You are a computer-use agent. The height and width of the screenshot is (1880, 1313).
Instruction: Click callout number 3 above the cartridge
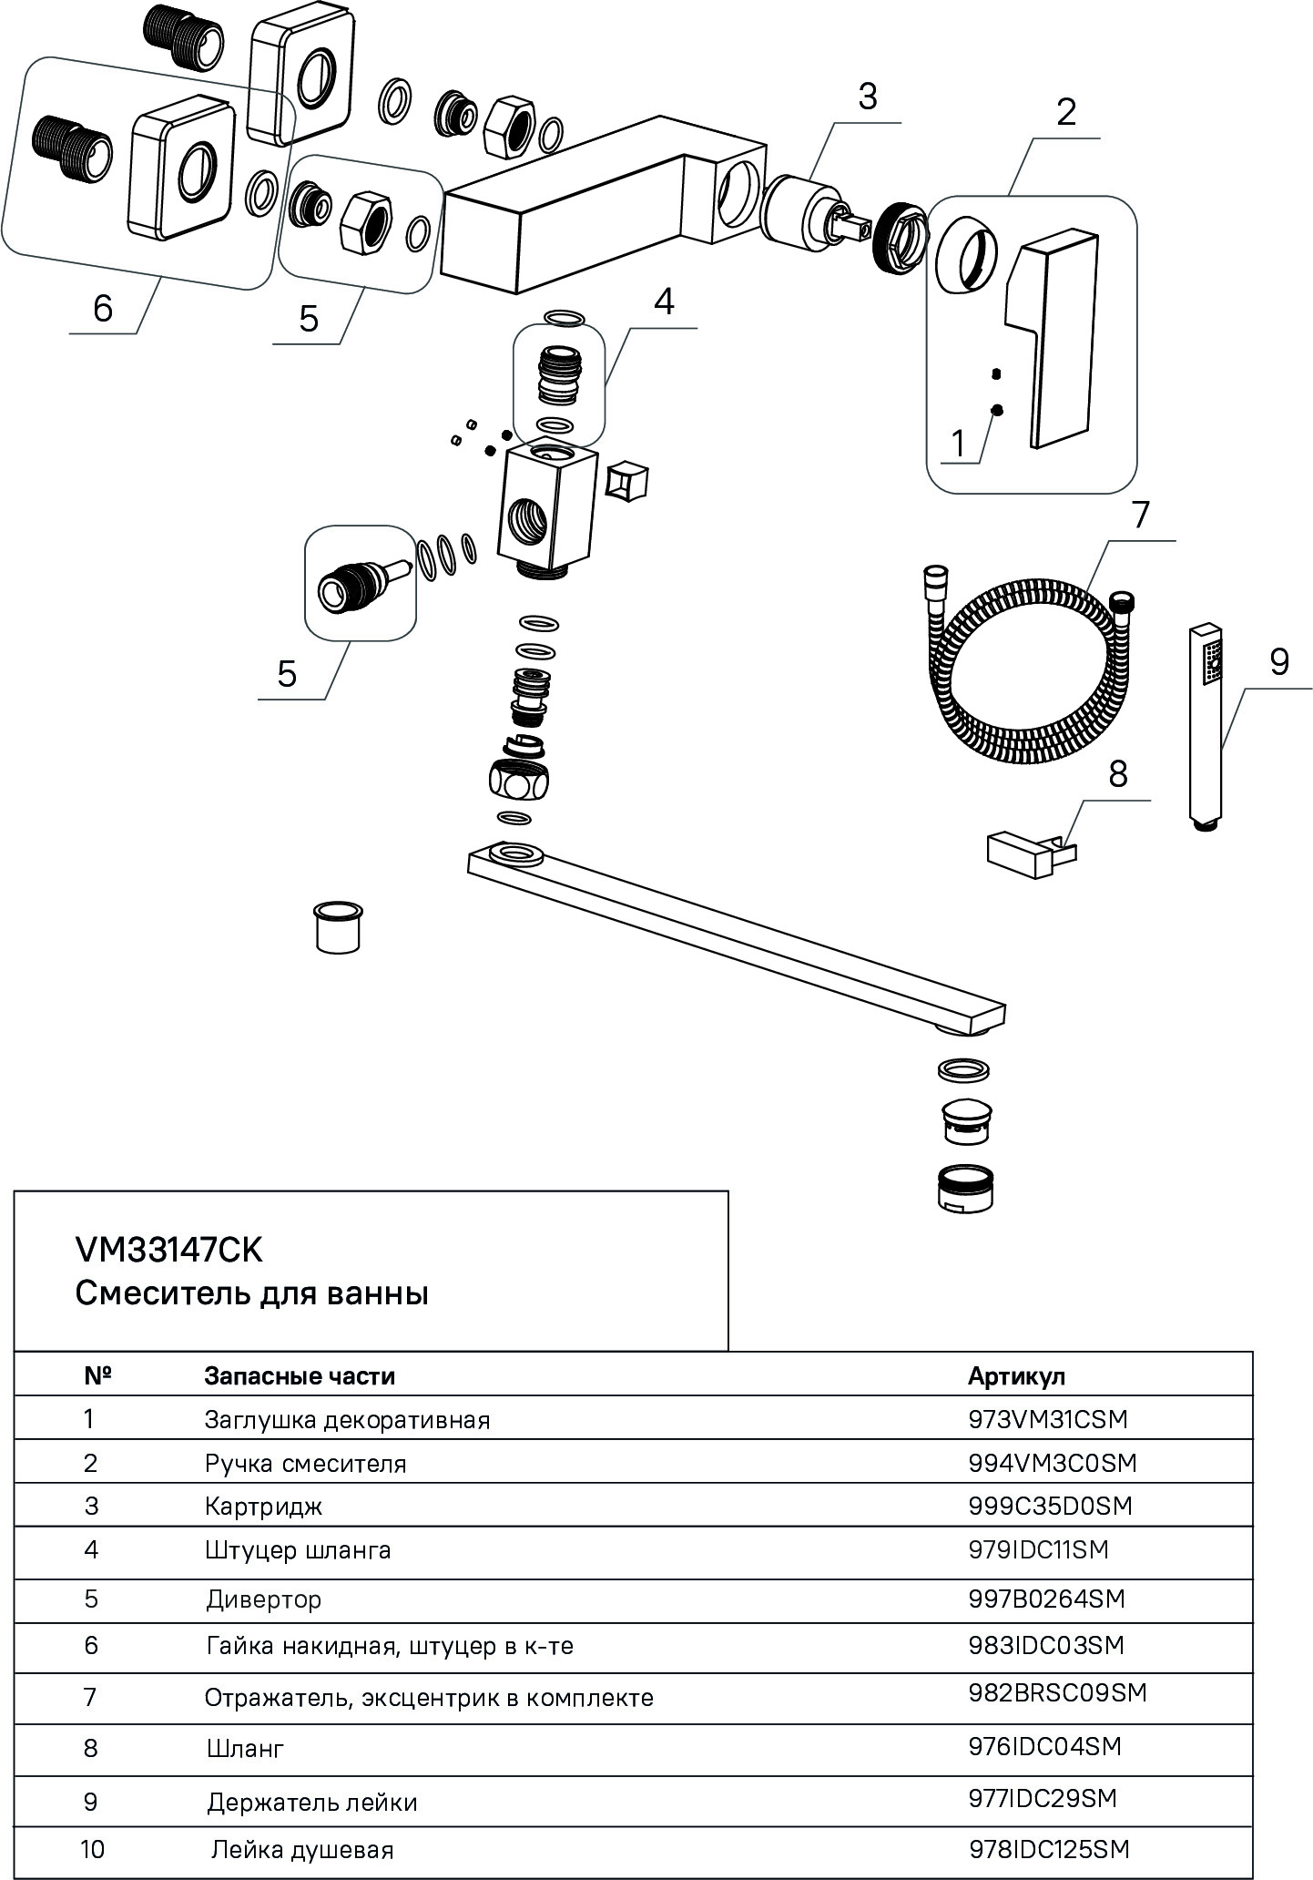867,96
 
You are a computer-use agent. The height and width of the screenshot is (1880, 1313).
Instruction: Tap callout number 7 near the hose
1141,515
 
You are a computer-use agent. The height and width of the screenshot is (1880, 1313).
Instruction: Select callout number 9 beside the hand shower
1278,661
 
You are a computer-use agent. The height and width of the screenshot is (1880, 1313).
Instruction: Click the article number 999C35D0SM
1050,1506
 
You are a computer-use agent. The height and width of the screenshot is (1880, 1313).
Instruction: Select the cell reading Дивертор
263,1599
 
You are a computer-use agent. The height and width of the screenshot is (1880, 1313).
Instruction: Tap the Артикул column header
1016,1375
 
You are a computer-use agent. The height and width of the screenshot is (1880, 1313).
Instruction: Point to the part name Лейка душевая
302,1850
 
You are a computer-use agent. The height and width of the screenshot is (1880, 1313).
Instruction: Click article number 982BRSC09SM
1057,1693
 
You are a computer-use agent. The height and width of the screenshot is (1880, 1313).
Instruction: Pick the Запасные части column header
300,1375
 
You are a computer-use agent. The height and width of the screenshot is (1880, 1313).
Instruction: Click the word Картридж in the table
264,1507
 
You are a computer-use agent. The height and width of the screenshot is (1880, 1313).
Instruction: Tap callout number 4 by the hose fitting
665,301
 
